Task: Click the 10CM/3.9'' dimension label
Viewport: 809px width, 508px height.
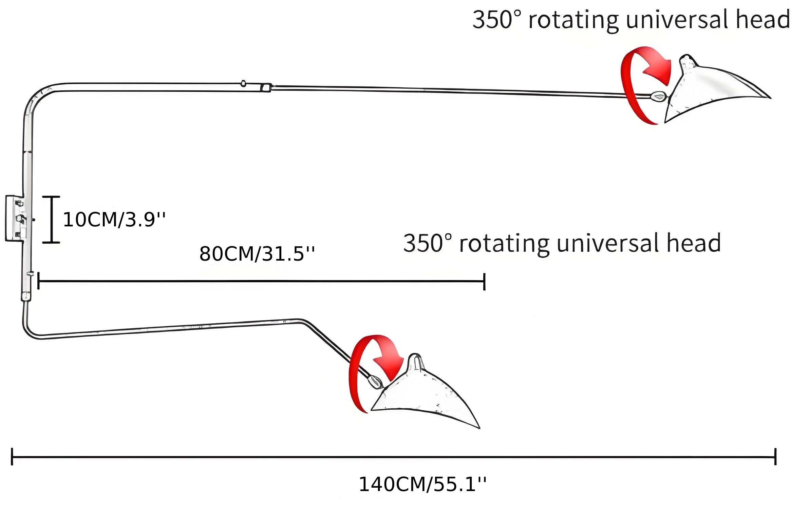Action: tap(114, 219)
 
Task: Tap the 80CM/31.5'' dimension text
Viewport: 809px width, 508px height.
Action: tap(257, 253)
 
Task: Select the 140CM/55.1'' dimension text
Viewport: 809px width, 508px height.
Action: tap(422, 484)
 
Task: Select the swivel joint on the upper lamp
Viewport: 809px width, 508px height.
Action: tap(659, 97)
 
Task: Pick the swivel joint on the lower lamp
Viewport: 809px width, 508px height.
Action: tap(375, 382)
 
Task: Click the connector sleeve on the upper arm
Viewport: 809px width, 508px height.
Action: tap(266, 88)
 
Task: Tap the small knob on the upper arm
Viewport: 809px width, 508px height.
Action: tap(243, 83)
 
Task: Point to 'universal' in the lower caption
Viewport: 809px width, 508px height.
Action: tap(608, 243)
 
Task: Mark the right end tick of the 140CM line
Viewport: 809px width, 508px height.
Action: tap(775, 456)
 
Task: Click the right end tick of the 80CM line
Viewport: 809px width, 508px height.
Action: tap(484, 281)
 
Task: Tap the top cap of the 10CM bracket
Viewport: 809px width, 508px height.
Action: tap(51, 197)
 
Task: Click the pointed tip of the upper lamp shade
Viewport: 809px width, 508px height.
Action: tap(771, 98)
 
